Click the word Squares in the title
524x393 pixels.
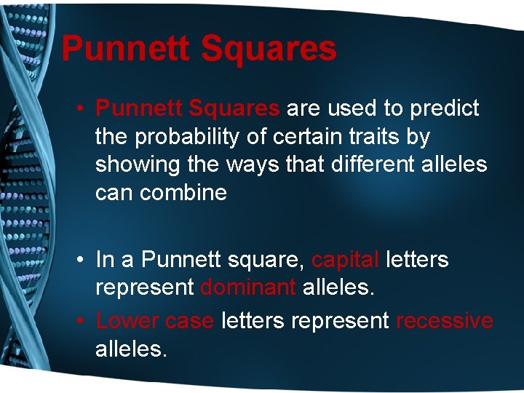(268, 49)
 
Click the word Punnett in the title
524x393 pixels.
(125, 49)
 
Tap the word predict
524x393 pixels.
(444, 109)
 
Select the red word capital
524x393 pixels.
(345, 260)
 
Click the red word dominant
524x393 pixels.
(247, 287)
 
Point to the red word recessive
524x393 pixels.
(444, 320)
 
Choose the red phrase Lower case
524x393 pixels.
(155, 320)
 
